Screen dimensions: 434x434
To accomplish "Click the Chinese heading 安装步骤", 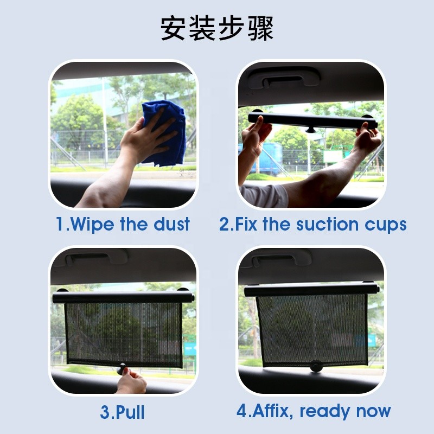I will [217, 28].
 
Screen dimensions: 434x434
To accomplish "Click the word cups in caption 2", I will [385, 225].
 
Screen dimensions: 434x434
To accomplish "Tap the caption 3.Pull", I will [123, 412].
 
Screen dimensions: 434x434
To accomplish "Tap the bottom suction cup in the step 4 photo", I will [315, 367].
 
